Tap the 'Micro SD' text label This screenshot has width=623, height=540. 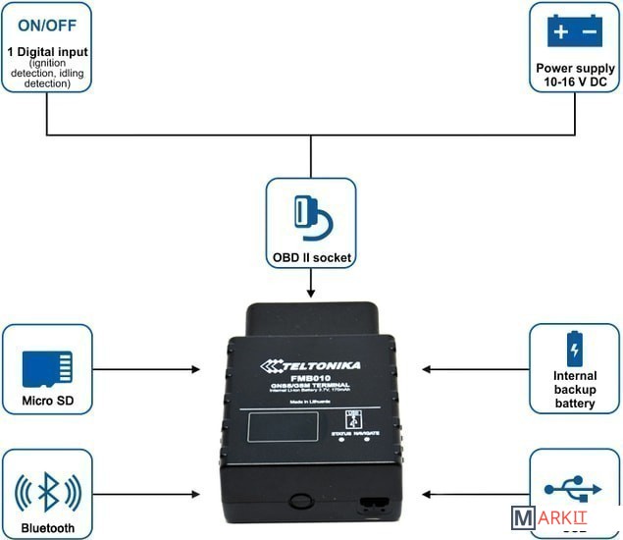point(47,402)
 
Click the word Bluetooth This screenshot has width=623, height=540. point(47,528)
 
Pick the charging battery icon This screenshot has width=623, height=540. point(575,349)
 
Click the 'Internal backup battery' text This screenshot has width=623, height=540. point(575,389)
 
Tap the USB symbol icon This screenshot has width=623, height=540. point(575,487)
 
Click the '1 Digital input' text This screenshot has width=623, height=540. point(46,51)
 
